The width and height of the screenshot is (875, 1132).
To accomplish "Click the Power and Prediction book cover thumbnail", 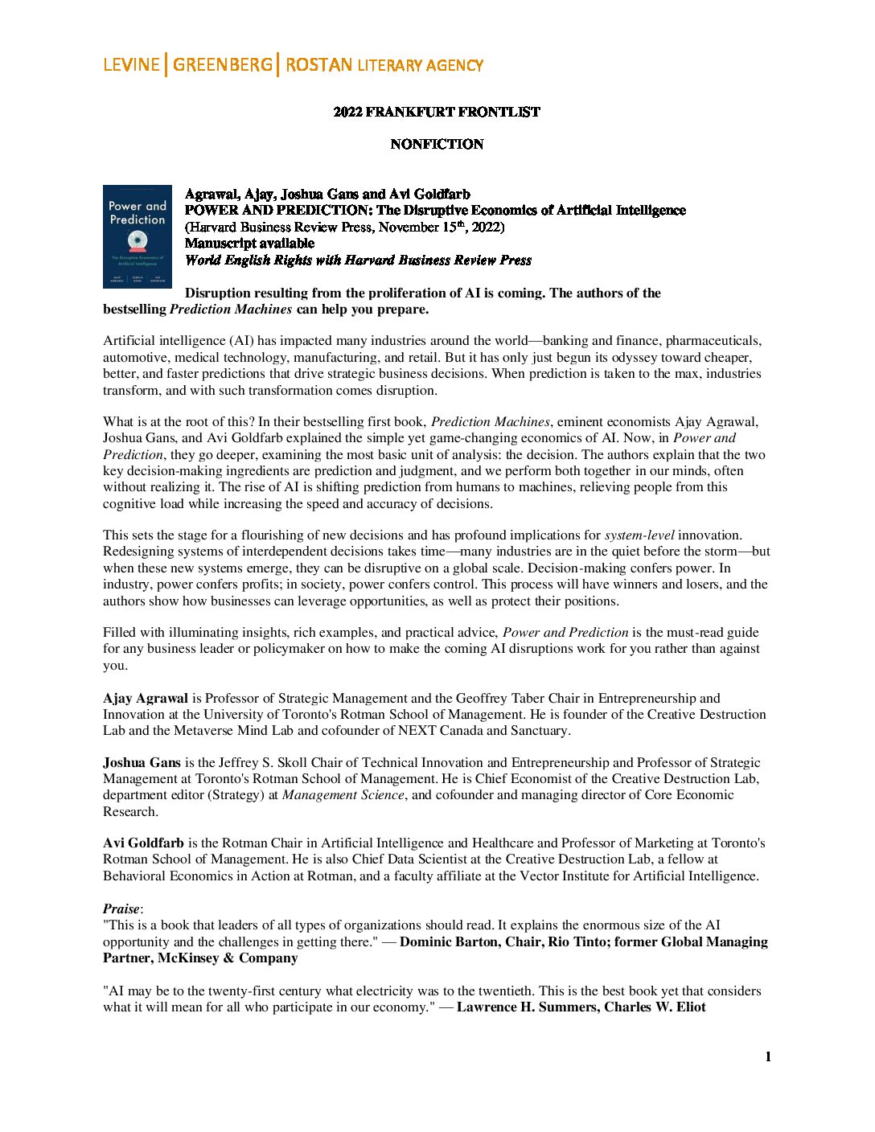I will (x=138, y=236).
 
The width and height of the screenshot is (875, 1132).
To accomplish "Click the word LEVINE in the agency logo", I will (x=131, y=65).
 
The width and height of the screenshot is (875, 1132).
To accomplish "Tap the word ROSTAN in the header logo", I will (x=318, y=65).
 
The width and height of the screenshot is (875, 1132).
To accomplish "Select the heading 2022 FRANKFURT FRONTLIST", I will (x=437, y=112).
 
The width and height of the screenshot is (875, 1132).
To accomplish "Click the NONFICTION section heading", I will (x=437, y=145).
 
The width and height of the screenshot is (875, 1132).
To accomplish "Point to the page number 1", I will (x=768, y=1056).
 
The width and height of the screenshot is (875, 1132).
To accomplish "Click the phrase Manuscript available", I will (x=249, y=244).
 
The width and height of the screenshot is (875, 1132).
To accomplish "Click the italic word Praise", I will (x=121, y=908).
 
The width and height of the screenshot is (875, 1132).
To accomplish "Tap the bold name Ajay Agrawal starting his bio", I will (x=146, y=698).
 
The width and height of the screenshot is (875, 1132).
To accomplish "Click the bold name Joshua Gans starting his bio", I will (x=142, y=762).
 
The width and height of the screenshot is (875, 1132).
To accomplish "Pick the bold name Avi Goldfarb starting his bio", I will (x=144, y=843).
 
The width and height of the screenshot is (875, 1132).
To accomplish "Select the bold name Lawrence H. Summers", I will (x=526, y=1007).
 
